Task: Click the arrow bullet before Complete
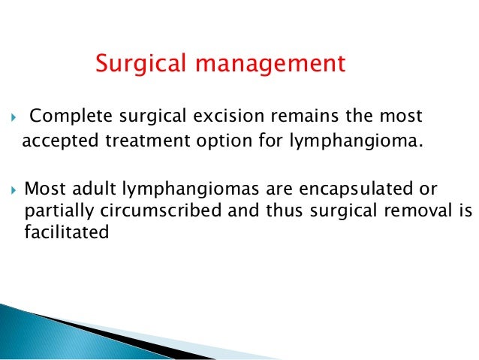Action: [10, 117]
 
